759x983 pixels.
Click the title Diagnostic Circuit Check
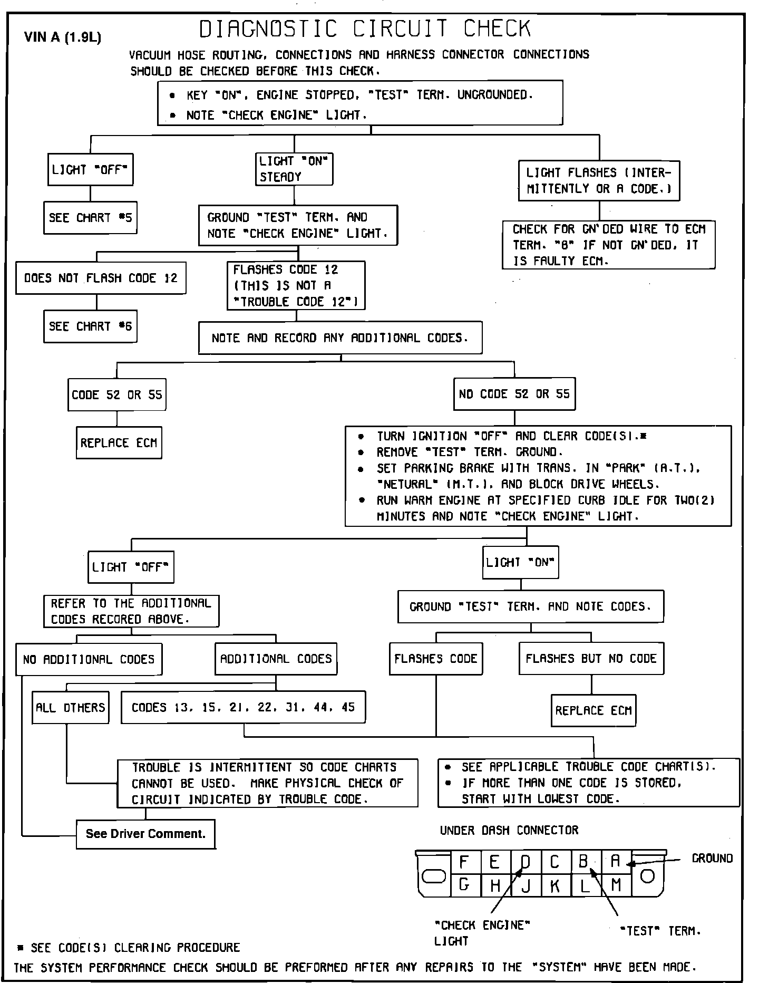pyautogui.click(x=365, y=29)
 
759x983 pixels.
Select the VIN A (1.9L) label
pyautogui.click(x=63, y=37)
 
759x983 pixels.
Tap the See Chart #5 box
pyautogui.click(x=90, y=218)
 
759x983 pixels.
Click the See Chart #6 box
pyautogui.click(x=90, y=326)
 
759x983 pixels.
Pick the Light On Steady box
pyautogui.click(x=295, y=169)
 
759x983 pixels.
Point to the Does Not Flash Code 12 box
pyautogui.click(x=101, y=278)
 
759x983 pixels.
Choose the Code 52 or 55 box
pyautogui.click(x=117, y=394)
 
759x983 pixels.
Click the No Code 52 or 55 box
pyautogui.click(x=514, y=394)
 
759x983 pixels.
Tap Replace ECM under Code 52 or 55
pyautogui.click(x=119, y=442)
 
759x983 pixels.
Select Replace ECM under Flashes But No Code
pyautogui.click(x=593, y=710)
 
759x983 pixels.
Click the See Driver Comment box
pyautogui.click(x=145, y=834)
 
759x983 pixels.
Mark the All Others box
pyautogui.click(x=71, y=707)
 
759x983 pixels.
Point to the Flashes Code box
pyautogui.click(x=436, y=659)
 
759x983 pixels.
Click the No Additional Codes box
pyautogui.click(x=89, y=659)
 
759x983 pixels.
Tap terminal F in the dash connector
pyautogui.click(x=464, y=862)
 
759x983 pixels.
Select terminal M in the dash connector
pyautogui.click(x=616, y=884)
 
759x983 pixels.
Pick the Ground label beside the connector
pyautogui.click(x=712, y=859)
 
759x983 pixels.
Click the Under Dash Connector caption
pyautogui.click(x=509, y=830)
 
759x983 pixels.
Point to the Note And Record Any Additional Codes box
pyautogui.click(x=340, y=338)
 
